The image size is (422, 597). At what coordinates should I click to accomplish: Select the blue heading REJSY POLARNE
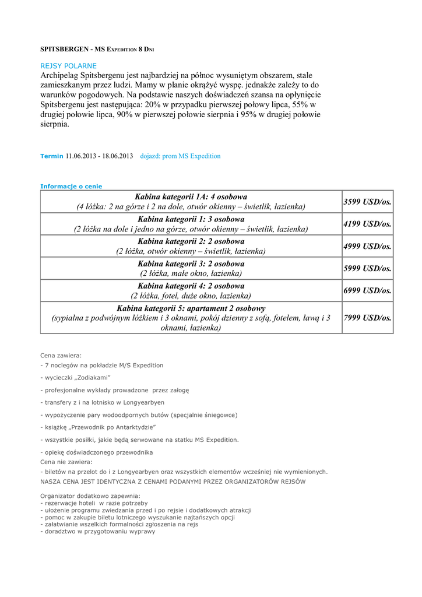point(68,66)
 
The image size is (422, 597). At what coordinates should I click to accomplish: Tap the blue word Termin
point(51,156)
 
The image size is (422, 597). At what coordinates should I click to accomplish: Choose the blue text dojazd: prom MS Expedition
point(180,156)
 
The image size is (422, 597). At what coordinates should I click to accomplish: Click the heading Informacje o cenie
point(71,187)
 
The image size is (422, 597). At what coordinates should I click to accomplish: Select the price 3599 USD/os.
point(367,202)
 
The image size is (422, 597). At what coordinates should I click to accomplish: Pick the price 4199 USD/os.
point(367,224)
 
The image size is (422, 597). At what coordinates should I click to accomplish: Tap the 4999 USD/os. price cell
point(367,246)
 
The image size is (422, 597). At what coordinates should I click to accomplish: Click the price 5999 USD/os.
point(367,268)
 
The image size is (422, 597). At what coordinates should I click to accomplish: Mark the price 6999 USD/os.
point(367,290)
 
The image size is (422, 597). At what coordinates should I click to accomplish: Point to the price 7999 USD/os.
point(367,318)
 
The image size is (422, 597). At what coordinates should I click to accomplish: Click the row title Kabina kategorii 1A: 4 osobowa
point(191,196)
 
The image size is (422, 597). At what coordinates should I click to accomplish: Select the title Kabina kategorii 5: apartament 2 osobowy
point(191,308)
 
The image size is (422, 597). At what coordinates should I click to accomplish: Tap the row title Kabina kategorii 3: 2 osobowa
point(191,264)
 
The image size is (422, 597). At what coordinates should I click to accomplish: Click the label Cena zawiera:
point(61,355)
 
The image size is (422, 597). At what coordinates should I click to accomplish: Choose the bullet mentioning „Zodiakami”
point(76,378)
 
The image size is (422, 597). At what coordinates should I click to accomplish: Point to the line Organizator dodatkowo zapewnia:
point(90,496)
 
